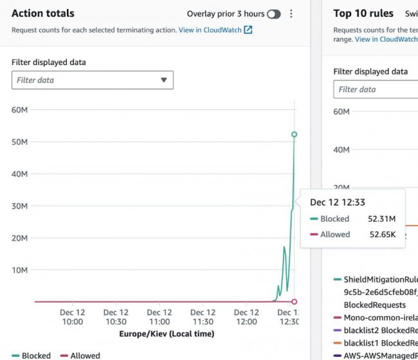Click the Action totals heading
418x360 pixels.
[43, 13]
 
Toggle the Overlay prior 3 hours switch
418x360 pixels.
[273, 14]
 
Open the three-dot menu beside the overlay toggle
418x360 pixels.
[291, 14]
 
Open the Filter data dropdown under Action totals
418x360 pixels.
[92, 80]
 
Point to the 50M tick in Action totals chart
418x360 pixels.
[19, 141]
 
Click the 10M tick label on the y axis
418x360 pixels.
[19, 270]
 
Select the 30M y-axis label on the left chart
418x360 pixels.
[19, 206]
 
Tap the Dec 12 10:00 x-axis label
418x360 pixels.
[72, 317]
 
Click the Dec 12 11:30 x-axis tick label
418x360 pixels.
[203, 317]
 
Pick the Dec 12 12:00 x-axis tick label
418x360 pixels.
[247, 317]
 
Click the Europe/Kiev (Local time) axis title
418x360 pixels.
[167, 334]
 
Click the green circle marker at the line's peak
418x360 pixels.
[294, 134]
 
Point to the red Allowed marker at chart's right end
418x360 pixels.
[294, 301]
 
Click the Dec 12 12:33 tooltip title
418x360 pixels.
[338, 202]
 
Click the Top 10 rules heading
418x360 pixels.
[363, 13]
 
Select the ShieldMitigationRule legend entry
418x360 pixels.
[380, 280]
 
